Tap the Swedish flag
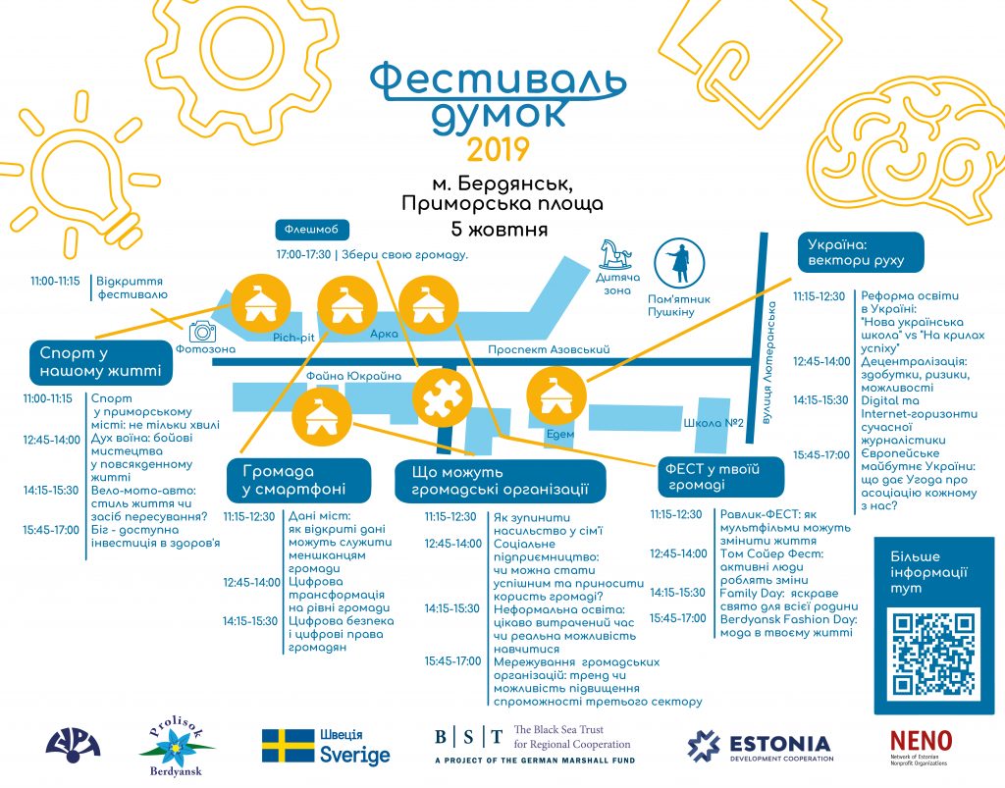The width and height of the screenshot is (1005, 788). (x=288, y=746)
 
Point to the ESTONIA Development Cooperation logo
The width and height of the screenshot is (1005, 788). (x=759, y=747)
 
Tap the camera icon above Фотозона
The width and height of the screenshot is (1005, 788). (x=202, y=332)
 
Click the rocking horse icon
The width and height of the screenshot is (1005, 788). (x=615, y=254)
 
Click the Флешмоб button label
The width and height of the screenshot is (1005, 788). (x=312, y=229)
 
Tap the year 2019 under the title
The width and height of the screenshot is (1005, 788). (x=498, y=149)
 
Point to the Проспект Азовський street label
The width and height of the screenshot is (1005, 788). (x=549, y=349)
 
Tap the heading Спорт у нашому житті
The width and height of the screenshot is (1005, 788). (x=101, y=362)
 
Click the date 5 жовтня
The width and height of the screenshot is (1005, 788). (x=500, y=230)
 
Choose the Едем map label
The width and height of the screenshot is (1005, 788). (x=559, y=434)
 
